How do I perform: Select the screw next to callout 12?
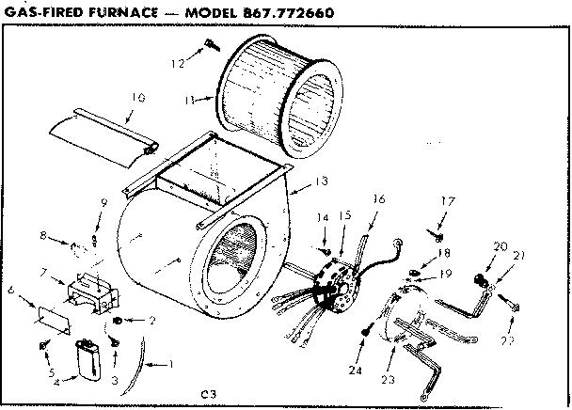point(208,44)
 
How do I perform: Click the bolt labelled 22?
point(513,303)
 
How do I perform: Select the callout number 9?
point(104,204)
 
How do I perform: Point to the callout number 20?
point(498,246)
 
